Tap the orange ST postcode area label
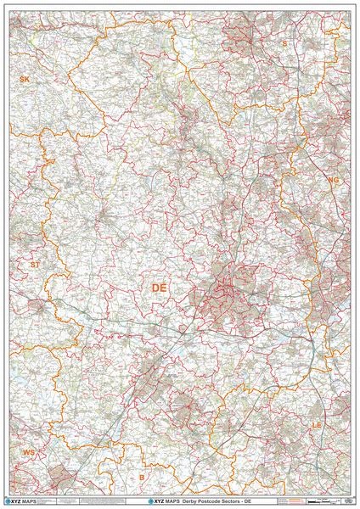(x=35, y=265)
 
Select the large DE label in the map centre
(x=159, y=288)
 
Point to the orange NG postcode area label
(x=333, y=180)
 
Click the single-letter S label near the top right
(x=285, y=42)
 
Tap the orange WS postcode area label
(x=29, y=453)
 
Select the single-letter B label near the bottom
(x=141, y=477)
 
